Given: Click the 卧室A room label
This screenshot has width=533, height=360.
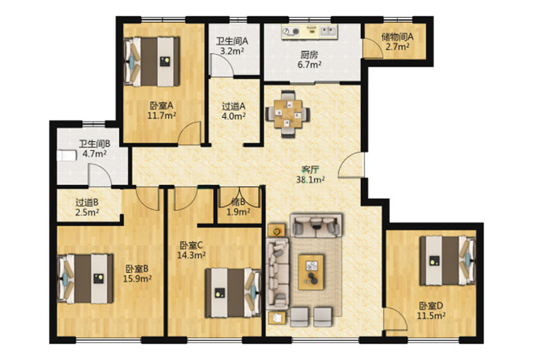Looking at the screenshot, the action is pyautogui.click(x=161, y=105).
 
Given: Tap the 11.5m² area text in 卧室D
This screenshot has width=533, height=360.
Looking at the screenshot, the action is pyautogui.click(x=431, y=315).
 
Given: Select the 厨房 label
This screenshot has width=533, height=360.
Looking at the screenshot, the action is pyautogui.click(x=309, y=54).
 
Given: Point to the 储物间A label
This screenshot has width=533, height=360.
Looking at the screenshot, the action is pyautogui.click(x=397, y=36).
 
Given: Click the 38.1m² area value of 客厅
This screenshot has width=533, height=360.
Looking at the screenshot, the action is pyautogui.click(x=310, y=179).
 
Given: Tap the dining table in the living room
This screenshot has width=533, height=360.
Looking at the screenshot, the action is pyautogui.click(x=288, y=114).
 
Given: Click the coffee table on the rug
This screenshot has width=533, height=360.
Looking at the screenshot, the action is pyautogui.click(x=311, y=272).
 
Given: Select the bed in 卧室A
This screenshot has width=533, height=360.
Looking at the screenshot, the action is pyautogui.click(x=152, y=61).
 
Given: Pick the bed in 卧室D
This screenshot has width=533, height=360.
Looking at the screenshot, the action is pyautogui.click(x=448, y=260).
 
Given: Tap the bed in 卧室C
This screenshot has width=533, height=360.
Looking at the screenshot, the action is pyautogui.click(x=233, y=293).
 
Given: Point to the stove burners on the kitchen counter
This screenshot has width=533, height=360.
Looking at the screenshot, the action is pyautogui.click(x=291, y=32).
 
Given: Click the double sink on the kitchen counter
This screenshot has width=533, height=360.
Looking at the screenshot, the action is pyautogui.click(x=328, y=32).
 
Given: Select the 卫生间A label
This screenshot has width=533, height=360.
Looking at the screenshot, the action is pyautogui.click(x=232, y=42).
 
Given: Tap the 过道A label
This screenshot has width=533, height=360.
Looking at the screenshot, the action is pyautogui.click(x=233, y=106).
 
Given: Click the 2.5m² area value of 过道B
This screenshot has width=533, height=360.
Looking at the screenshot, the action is pyautogui.click(x=88, y=212).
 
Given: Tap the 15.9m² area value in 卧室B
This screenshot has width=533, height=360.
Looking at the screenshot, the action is pyautogui.click(x=137, y=279).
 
